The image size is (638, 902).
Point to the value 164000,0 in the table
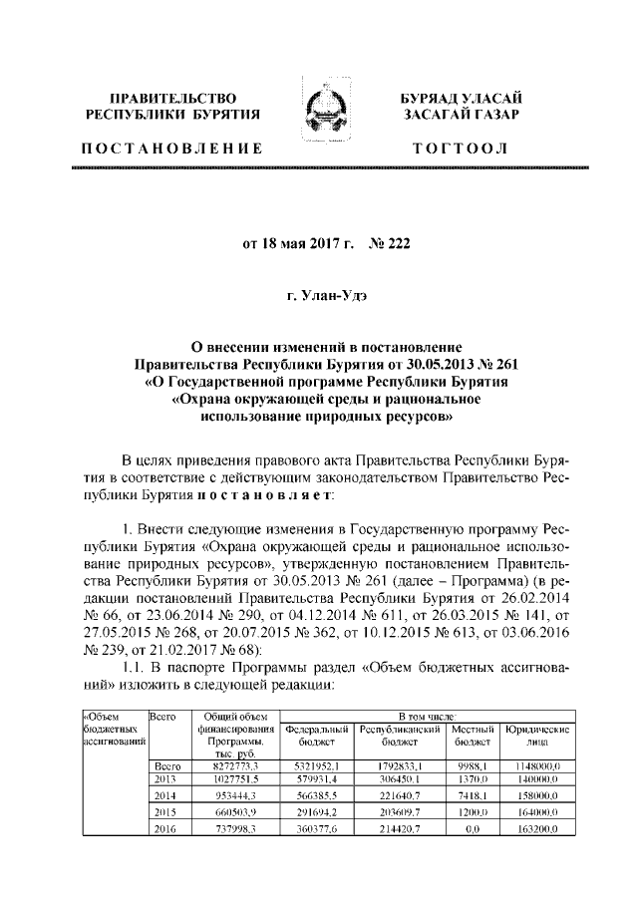pos(538,812)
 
